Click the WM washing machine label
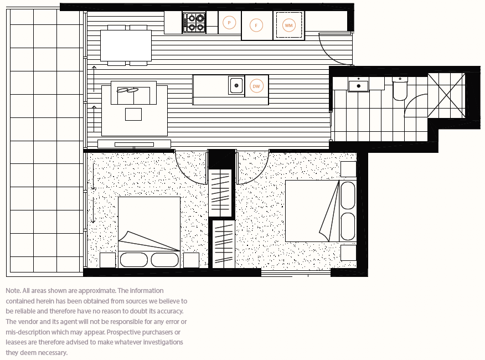(x=289, y=25)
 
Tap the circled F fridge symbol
(x=256, y=25)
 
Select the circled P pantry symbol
(x=229, y=23)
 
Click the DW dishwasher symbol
(x=256, y=86)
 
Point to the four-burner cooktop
(x=194, y=23)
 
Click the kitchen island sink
(x=236, y=86)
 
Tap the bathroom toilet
(x=400, y=89)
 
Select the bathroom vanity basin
(x=359, y=85)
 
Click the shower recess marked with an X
(x=446, y=95)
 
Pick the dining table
(x=126, y=45)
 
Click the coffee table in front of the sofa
(x=133, y=114)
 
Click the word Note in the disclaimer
(x=13, y=291)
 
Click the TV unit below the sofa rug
(x=134, y=143)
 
